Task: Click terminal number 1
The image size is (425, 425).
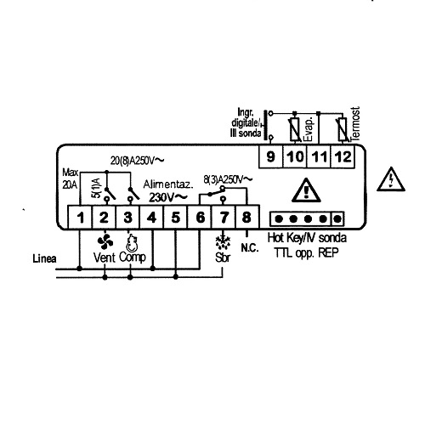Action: [x=81, y=218]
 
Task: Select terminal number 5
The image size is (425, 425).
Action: [x=176, y=218]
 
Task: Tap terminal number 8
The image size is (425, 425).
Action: [x=246, y=217]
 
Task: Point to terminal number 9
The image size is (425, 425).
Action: [x=271, y=156]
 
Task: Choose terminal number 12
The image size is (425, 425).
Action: [x=343, y=156]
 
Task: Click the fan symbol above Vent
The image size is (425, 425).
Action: [x=105, y=242]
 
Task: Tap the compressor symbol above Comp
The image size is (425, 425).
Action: [x=131, y=243]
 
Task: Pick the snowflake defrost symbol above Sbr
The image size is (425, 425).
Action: [x=223, y=241]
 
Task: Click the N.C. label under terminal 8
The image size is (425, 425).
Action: [x=250, y=248]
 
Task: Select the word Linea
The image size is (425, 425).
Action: [x=44, y=258]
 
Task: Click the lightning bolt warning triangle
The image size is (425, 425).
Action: [x=391, y=179]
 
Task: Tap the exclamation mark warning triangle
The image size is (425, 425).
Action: [x=306, y=190]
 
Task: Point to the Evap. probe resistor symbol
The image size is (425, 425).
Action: [x=295, y=129]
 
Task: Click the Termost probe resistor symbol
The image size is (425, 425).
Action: [x=343, y=129]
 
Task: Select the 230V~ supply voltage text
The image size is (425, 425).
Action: [x=168, y=197]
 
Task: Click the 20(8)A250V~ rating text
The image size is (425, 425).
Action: [x=137, y=161]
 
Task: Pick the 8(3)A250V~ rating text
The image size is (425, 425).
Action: [x=228, y=179]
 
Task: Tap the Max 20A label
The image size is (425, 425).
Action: [x=70, y=178]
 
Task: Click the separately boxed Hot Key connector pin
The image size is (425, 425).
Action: [x=337, y=218]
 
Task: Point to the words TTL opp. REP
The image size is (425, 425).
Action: [x=307, y=252]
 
